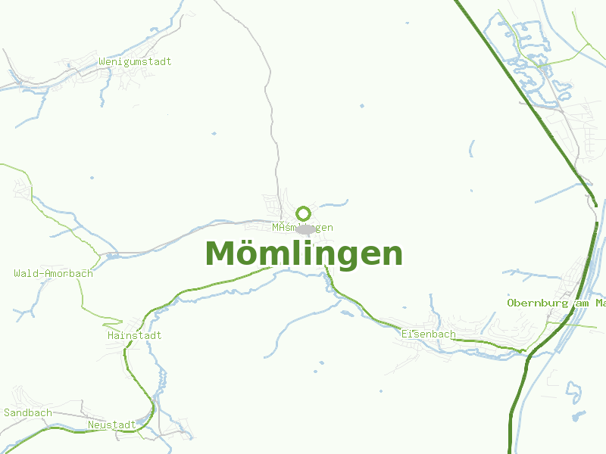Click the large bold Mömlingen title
coord(303,253)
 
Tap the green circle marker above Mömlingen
coord(303,213)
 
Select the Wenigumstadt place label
coord(135,61)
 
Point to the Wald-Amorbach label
coord(53,273)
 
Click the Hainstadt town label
coord(135,335)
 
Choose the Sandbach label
coord(28,412)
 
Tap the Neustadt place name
coord(112,424)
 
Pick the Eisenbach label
coord(429,334)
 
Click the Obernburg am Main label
coord(556,303)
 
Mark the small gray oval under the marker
coord(305,229)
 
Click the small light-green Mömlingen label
coord(302,227)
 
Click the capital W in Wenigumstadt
coord(102,61)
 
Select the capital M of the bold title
coord(220,253)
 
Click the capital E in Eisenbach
coord(405,334)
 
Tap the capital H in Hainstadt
coord(111,335)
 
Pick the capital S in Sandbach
coord(7,412)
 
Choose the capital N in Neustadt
coord(91,424)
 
